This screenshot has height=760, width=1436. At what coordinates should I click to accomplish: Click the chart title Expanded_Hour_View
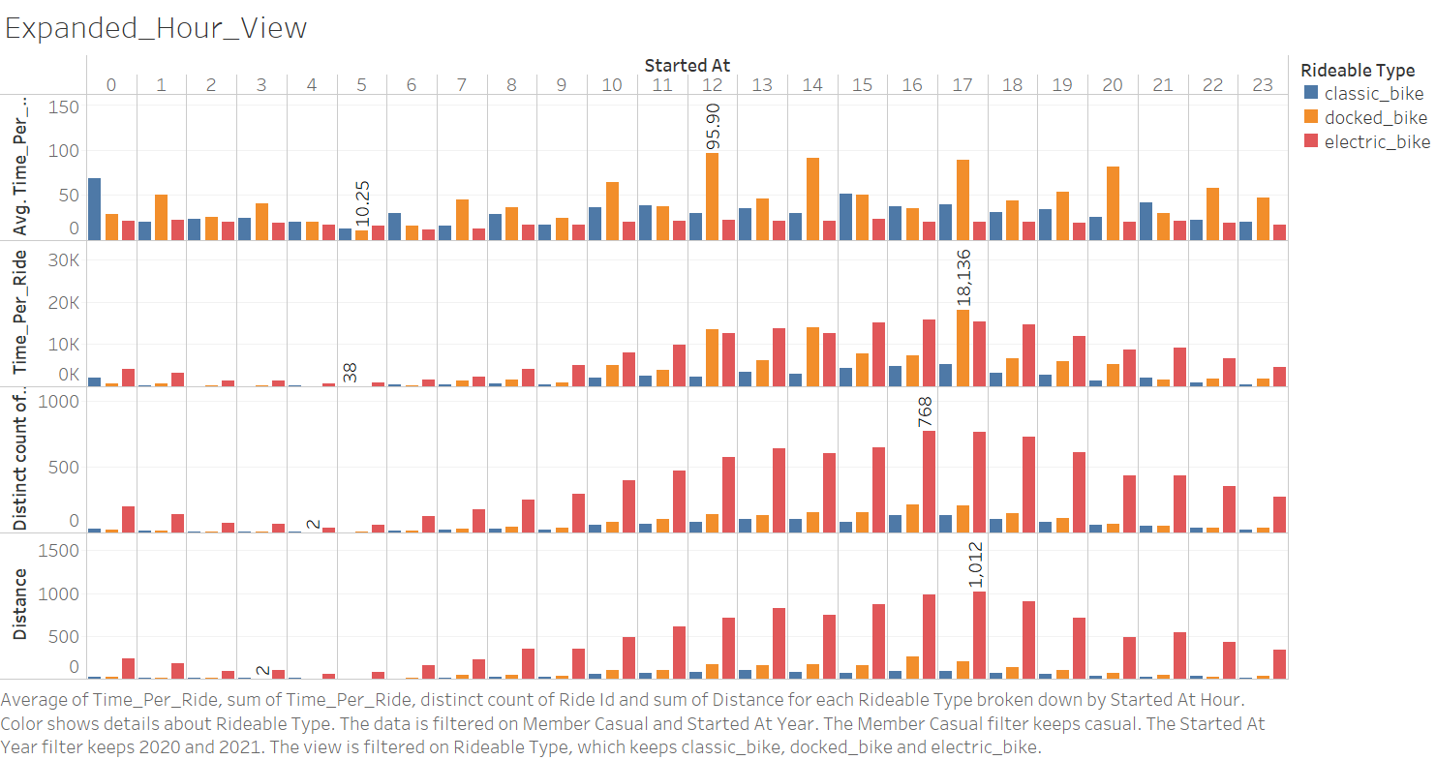tap(156, 28)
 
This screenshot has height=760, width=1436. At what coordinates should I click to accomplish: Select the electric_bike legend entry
tap(1377, 141)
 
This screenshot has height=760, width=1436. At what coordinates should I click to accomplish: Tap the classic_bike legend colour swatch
tap(1311, 93)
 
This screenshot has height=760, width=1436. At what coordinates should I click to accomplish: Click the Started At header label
tap(687, 66)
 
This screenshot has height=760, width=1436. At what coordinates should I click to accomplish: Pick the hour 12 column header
tap(712, 85)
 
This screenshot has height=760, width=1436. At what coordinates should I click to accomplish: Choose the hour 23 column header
tap(1263, 85)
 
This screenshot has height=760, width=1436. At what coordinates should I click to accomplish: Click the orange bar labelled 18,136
tap(962, 348)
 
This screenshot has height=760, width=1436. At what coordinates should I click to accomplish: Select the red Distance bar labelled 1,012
tap(979, 635)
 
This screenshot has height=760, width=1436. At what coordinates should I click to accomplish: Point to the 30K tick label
tap(64, 260)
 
